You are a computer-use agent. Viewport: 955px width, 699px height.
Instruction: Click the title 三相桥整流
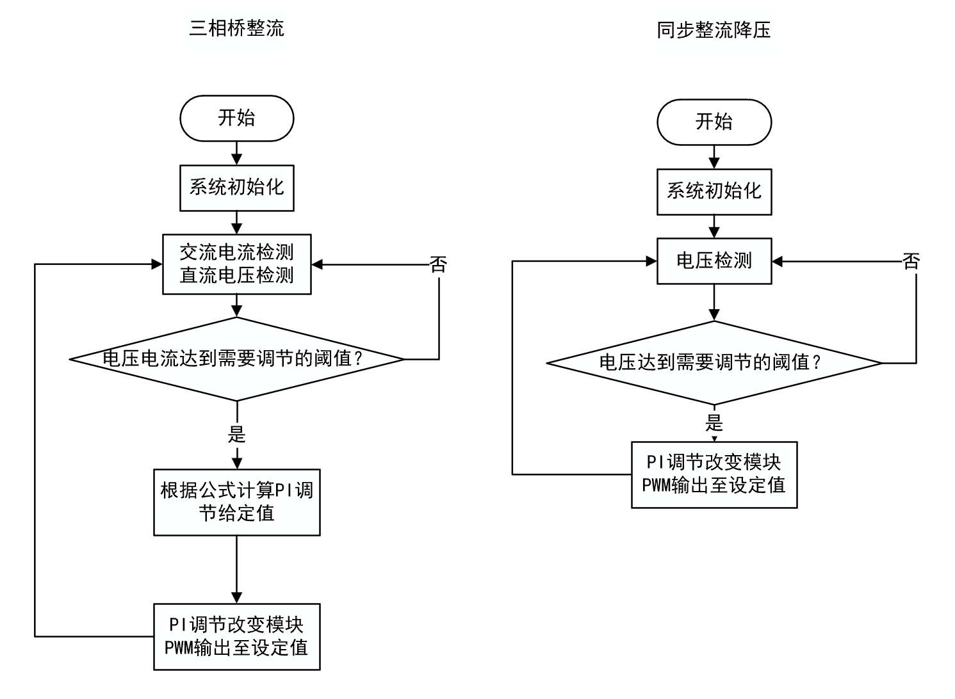coord(236,28)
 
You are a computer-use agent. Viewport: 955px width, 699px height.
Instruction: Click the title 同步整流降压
coord(714,30)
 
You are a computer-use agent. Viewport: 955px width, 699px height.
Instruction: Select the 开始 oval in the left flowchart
coord(236,118)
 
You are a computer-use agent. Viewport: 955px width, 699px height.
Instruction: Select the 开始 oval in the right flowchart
coord(714,122)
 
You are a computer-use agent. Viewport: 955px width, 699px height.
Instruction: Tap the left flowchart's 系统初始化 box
coord(236,188)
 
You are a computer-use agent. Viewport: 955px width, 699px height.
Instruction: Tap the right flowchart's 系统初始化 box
coord(714,191)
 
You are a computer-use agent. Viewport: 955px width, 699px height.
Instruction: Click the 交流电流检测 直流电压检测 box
coord(236,264)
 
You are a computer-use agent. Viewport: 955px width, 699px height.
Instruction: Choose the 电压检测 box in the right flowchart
coord(714,261)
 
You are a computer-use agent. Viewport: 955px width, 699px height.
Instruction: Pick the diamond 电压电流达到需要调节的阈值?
coord(236,359)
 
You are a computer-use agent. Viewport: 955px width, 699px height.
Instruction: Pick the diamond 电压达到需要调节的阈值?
coord(714,363)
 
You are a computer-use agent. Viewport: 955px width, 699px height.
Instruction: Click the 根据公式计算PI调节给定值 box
coord(236,502)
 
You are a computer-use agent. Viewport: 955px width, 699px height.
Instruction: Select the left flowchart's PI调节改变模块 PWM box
coord(236,636)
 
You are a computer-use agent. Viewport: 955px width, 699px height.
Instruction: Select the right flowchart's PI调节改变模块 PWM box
coord(714,474)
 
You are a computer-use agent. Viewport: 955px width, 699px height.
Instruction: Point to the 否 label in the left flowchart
coord(438,264)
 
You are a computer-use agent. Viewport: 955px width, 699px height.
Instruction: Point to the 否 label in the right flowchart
coord(911,261)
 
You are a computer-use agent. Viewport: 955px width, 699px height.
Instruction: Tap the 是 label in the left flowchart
coord(236,435)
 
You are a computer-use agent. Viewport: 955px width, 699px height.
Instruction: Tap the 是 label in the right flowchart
coord(714,423)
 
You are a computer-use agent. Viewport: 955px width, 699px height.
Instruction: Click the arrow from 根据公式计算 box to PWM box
coord(236,569)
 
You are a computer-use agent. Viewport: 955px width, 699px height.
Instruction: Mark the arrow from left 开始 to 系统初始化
coord(236,153)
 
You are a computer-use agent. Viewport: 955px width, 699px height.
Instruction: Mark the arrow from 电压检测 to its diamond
coord(714,302)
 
